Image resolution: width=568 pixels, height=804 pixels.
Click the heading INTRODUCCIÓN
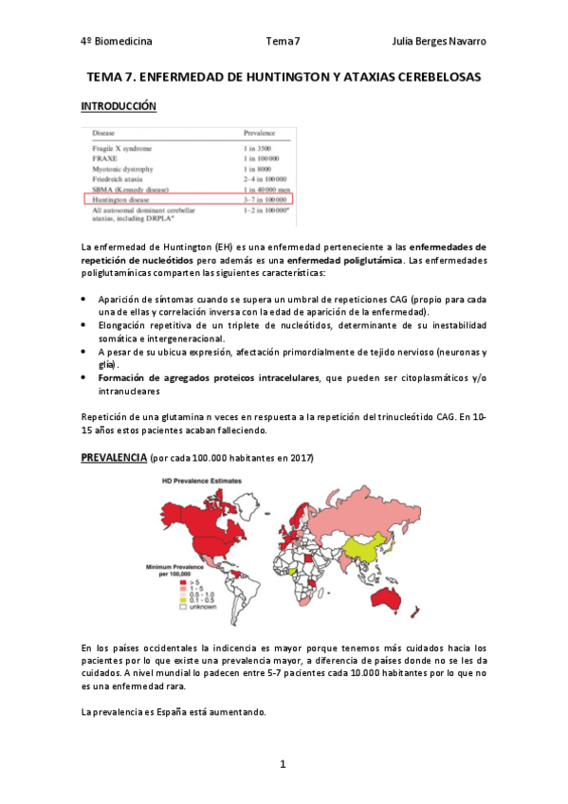pyautogui.click(x=119, y=106)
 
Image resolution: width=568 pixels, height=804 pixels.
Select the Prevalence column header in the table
pyautogui.click(x=266, y=134)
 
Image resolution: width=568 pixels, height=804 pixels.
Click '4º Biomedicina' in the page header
pyautogui.click(x=117, y=42)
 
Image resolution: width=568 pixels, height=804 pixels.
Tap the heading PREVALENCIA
pyautogui.click(x=112, y=458)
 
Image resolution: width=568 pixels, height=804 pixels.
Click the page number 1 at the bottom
pyautogui.click(x=283, y=764)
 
